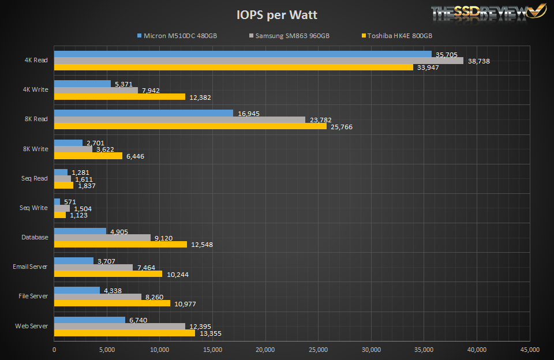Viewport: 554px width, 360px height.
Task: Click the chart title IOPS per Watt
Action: click(277, 14)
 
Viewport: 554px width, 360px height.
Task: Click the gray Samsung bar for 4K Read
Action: click(259, 61)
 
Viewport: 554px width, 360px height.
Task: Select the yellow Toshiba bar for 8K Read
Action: click(190, 126)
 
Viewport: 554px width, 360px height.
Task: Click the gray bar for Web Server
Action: click(119, 327)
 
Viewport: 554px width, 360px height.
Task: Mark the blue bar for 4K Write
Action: click(82, 84)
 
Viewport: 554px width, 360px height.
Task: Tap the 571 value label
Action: click(70, 202)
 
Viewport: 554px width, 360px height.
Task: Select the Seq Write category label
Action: click(33, 208)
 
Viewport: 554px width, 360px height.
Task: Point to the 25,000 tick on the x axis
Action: click(318, 350)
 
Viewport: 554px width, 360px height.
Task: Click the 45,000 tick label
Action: click(529, 350)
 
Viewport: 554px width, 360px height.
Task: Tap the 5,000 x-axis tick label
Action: click(107, 350)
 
